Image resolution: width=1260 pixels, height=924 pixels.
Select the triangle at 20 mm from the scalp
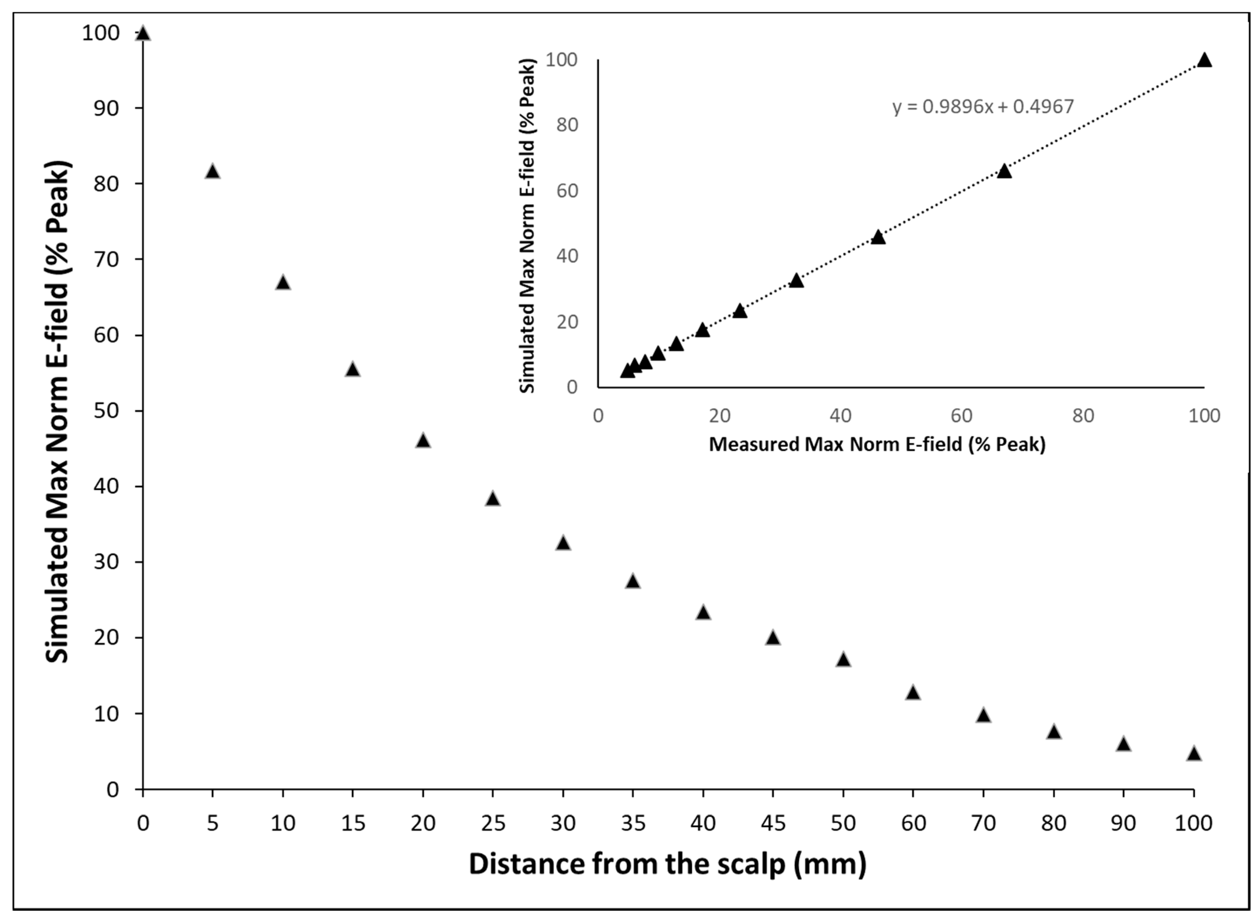423,441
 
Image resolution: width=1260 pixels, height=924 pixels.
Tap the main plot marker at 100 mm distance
1194,753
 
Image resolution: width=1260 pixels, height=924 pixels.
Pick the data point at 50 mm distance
843,660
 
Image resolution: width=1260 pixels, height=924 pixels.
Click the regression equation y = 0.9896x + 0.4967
983,106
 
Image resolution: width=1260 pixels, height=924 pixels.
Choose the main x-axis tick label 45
773,823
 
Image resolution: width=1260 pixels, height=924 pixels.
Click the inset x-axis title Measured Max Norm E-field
877,444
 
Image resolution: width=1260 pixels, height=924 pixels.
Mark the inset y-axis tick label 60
566,191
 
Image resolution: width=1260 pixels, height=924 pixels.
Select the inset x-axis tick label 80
1083,415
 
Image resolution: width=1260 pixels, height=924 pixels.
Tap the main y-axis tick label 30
106,562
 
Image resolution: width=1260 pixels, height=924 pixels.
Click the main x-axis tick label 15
353,823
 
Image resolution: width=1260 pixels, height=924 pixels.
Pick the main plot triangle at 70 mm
983,715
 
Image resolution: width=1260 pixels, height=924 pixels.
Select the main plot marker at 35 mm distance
633,582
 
